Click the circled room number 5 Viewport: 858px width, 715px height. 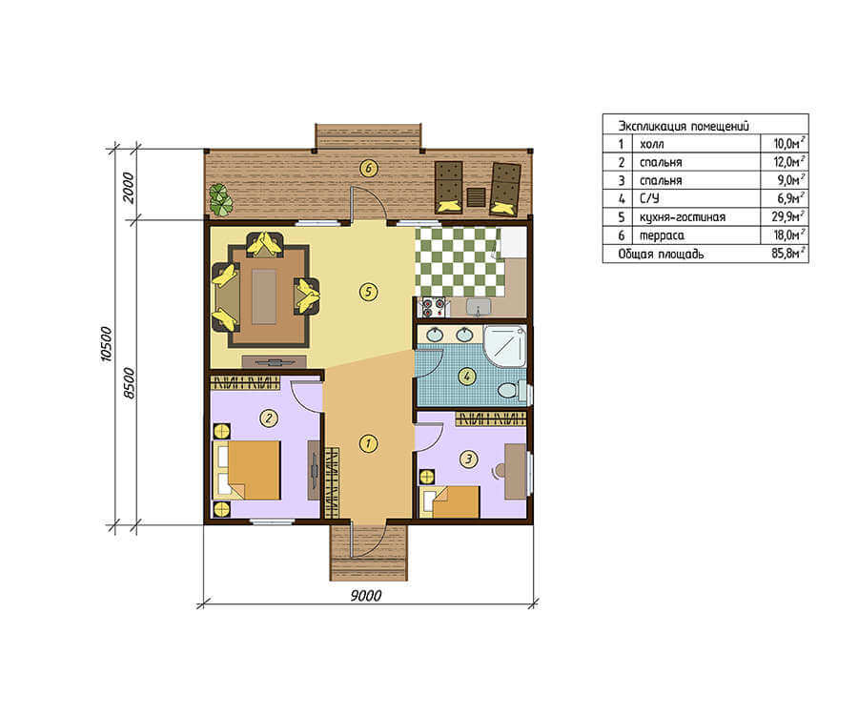[x=368, y=292]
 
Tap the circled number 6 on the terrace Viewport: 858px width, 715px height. [x=368, y=169]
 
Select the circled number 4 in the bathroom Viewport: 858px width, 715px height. [x=467, y=377]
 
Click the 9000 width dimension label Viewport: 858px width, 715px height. [x=365, y=595]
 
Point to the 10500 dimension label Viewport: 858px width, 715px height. [x=106, y=344]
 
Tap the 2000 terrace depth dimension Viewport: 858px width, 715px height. [x=128, y=188]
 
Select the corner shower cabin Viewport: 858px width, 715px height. [x=505, y=346]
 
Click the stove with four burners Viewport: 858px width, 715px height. [x=433, y=307]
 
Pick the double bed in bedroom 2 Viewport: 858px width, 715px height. [x=247, y=470]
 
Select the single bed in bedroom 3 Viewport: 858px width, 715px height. [x=450, y=501]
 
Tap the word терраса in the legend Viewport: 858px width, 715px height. [x=662, y=235]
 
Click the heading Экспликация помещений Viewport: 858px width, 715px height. [x=684, y=126]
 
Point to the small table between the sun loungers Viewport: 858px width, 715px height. [x=476, y=196]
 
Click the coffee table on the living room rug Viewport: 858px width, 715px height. [x=264, y=297]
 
